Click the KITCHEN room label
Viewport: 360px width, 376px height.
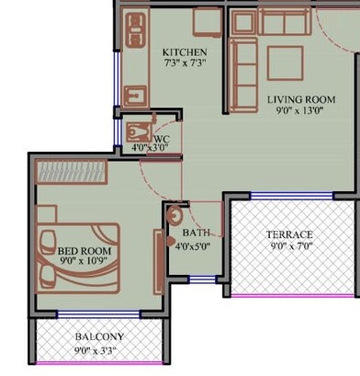[x=185, y=52]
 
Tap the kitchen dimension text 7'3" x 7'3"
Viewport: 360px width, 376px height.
[x=185, y=64]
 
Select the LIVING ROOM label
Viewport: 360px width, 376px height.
[x=300, y=98]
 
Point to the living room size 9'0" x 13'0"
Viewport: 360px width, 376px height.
[x=300, y=110]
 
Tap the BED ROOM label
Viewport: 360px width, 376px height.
[x=84, y=250]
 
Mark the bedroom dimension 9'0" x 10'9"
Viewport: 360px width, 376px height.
[x=84, y=262]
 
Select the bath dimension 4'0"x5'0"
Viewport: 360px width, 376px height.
[x=193, y=246]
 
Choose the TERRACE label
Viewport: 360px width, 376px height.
[x=289, y=234]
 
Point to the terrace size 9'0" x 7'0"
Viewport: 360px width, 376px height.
[x=289, y=246]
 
